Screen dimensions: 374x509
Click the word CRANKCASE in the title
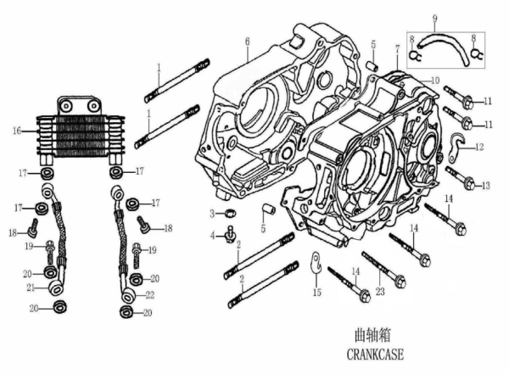385,354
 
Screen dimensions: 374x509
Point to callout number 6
247,42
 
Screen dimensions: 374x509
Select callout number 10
435,81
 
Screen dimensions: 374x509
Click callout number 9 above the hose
433,20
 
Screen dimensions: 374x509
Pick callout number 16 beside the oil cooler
15,131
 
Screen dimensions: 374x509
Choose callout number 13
486,185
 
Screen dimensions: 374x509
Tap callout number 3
213,211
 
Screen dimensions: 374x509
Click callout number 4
213,236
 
